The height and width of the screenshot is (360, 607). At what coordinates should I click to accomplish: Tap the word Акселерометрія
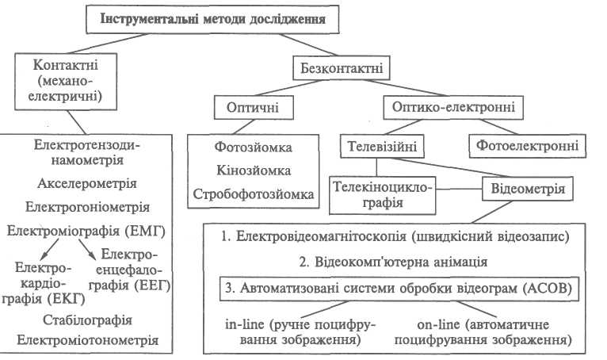point(87,183)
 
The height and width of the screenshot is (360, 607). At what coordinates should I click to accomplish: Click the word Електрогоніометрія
point(87,207)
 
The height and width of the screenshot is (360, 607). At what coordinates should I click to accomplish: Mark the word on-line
point(432,325)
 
